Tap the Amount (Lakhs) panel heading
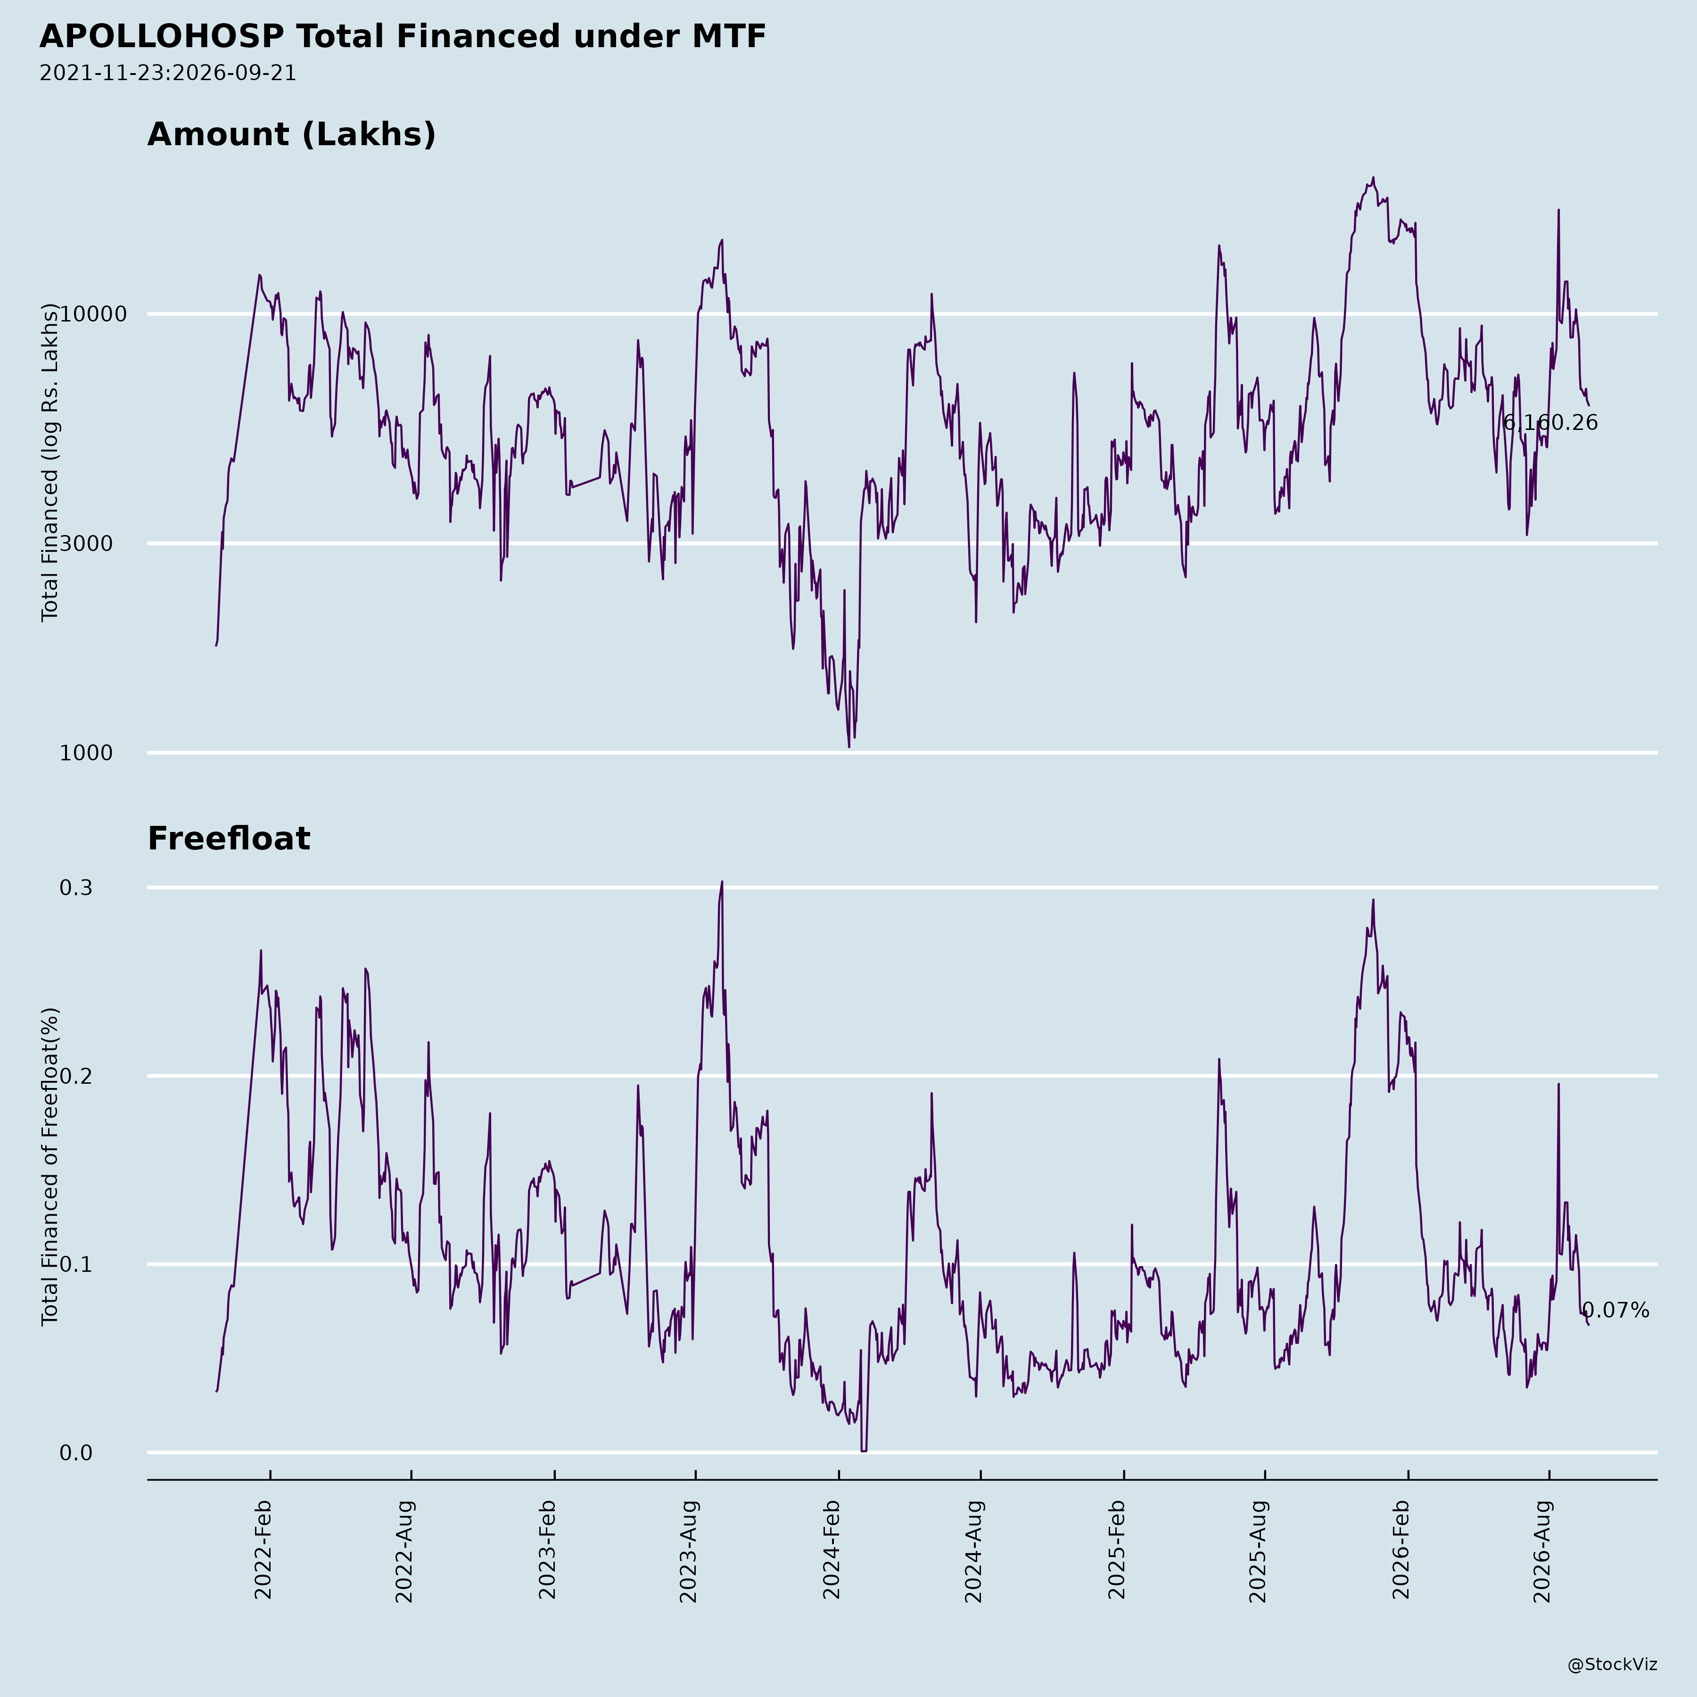click(292, 134)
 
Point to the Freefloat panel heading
click(228, 839)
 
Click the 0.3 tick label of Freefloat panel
click(75, 888)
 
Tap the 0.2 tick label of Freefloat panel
click(75, 1077)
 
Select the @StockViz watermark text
click(1613, 1664)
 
